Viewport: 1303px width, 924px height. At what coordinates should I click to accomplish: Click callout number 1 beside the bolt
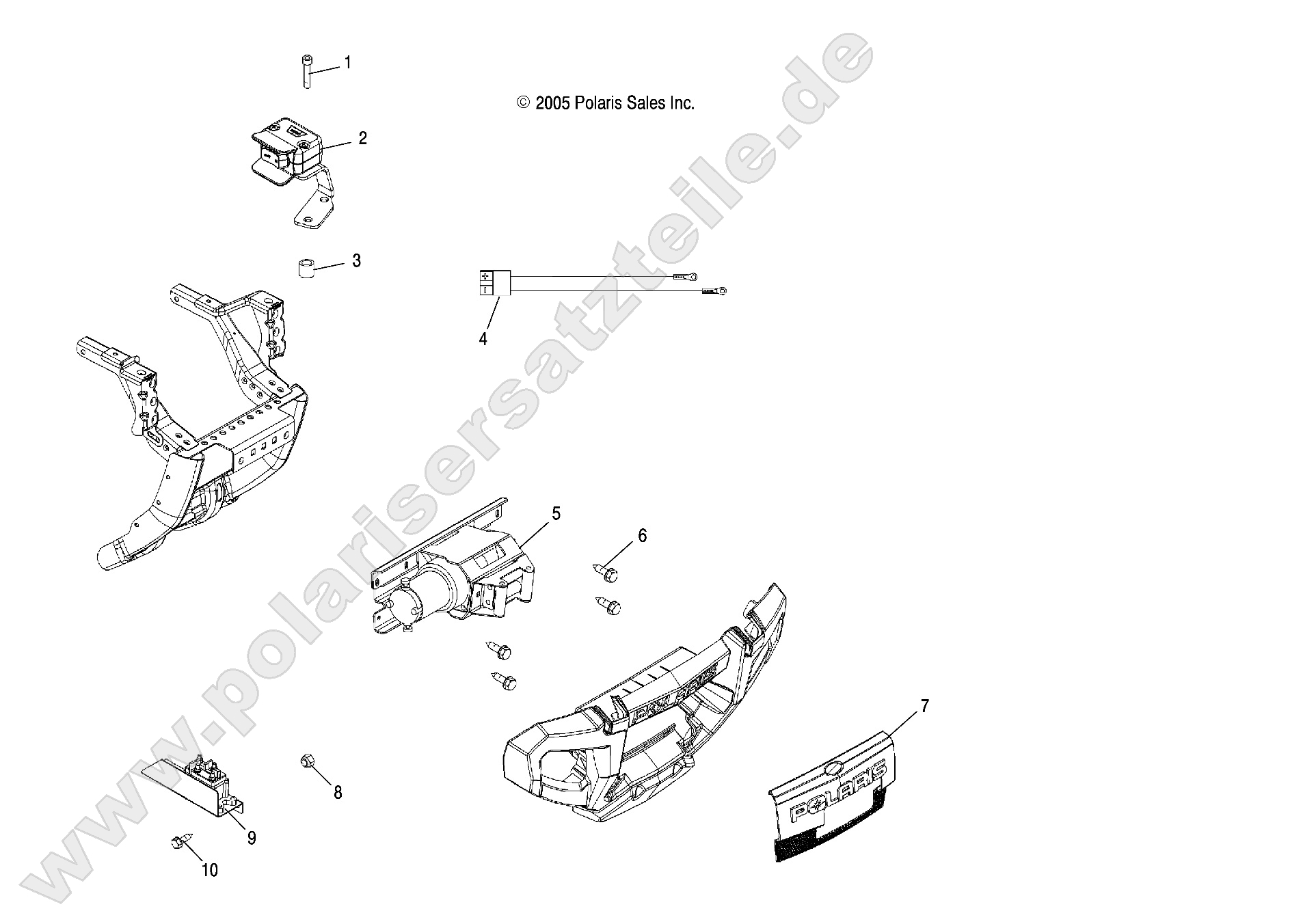tap(347, 63)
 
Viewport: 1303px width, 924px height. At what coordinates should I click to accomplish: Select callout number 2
tap(362, 139)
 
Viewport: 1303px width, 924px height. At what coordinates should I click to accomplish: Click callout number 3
tap(356, 261)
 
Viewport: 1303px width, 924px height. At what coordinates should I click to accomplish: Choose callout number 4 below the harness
tap(483, 339)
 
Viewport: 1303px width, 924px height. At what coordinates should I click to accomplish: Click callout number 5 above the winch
tap(556, 513)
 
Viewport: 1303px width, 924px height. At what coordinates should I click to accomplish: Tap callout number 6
tap(642, 536)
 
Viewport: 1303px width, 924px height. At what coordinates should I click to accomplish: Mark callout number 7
tap(924, 707)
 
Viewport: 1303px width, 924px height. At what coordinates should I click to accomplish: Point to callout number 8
tap(338, 793)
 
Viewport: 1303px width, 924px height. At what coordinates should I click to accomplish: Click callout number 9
tap(252, 837)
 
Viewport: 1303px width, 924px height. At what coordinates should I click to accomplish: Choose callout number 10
tap(210, 870)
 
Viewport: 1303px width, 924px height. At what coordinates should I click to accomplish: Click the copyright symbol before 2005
tap(524, 103)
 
